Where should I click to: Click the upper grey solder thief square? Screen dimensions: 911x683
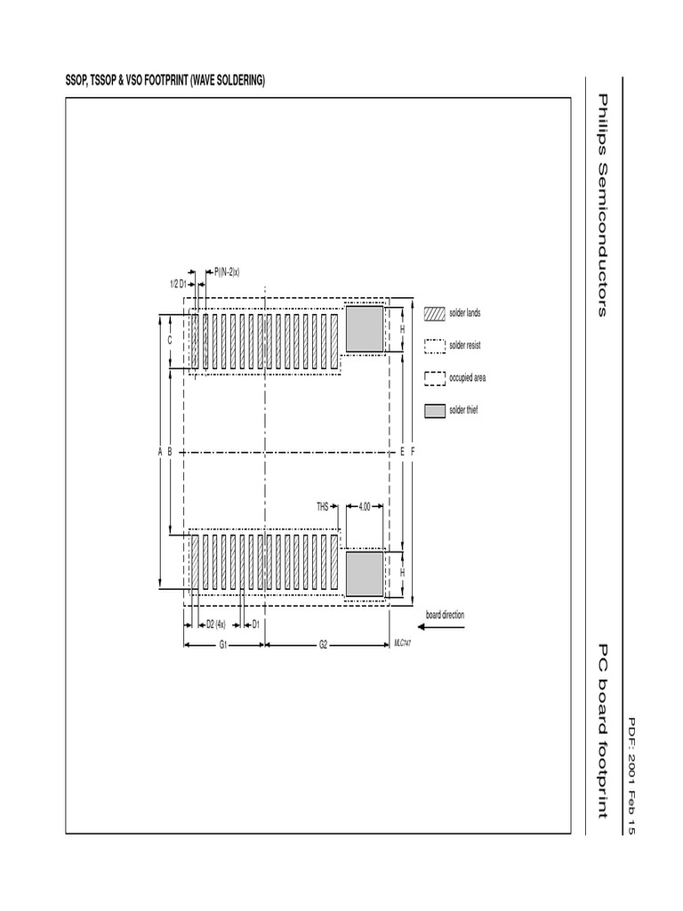click(x=365, y=328)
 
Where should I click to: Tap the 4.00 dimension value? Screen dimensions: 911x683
click(x=365, y=507)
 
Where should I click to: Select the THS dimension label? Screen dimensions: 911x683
click(x=323, y=507)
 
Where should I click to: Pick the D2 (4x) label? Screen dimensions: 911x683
click(x=215, y=624)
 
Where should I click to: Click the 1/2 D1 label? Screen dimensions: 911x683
click(x=178, y=284)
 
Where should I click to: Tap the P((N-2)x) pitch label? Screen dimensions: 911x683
click(x=228, y=270)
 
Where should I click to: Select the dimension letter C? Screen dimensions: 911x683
click(x=170, y=341)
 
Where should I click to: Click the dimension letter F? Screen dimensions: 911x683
click(x=413, y=452)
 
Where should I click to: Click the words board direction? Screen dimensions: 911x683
click(x=445, y=615)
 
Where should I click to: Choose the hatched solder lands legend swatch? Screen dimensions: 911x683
click(x=434, y=313)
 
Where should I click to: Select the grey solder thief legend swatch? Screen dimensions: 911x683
click(x=434, y=411)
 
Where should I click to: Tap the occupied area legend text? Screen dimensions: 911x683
click(x=468, y=378)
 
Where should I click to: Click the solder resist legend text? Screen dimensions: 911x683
click(x=465, y=345)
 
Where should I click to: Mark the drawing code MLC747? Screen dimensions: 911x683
click(x=402, y=641)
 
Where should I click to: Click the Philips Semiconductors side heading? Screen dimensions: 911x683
click(x=602, y=205)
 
